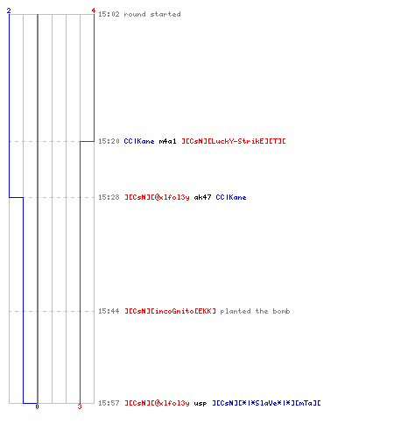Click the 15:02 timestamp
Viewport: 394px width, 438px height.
click(x=109, y=14)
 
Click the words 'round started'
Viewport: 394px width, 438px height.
click(x=152, y=14)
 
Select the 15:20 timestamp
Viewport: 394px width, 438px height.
click(x=109, y=141)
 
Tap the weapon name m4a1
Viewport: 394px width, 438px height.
click(x=167, y=141)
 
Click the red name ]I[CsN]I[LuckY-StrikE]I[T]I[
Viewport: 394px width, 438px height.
click(x=234, y=141)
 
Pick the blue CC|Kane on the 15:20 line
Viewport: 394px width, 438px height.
click(x=139, y=141)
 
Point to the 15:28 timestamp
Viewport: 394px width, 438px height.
click(x=109, y=197)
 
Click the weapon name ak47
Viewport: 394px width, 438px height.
click(x=202, y=197)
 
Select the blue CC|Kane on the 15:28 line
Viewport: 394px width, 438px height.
click(x=231, y=197)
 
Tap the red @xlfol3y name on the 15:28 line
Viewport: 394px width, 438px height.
click(x=157, y=197)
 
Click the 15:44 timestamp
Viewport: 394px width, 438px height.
click(x=109, y=311)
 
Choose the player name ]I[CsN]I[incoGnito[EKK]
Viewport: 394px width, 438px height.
click(x=171, y=311)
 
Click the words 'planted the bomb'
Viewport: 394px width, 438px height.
click(x=255, y=311)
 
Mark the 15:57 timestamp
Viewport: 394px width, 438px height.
click(x=109, y=403)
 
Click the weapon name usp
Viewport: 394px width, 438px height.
click(x=201, y=404)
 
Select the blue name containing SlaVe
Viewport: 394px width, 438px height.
click(x=266, y=403)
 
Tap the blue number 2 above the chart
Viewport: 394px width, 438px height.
click(x=9, y=11)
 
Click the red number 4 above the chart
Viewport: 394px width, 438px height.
click(x=94, y=11)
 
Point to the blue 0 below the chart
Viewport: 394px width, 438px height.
click(x=37, y=406)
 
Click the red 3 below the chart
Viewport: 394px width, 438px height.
click(x=80, y=406)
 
